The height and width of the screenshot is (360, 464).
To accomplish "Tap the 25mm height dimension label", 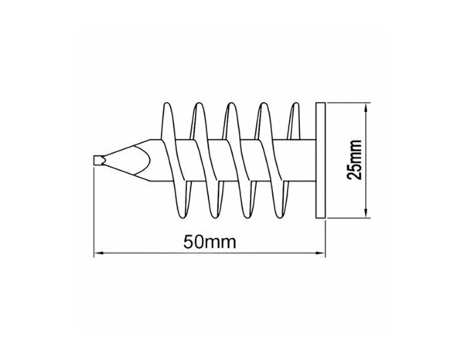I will (x=355, y=160).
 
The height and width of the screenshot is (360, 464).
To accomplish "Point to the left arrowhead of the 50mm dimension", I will (x=99, y=253).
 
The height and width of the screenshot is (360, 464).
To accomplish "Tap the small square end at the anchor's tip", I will (x=96, y=160).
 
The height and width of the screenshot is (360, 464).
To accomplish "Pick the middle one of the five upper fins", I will (x=230, y=120).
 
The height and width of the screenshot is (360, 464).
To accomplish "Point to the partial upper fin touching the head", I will (x=294, y=120).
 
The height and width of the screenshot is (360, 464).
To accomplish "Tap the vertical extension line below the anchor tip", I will (x=94, y=216).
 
